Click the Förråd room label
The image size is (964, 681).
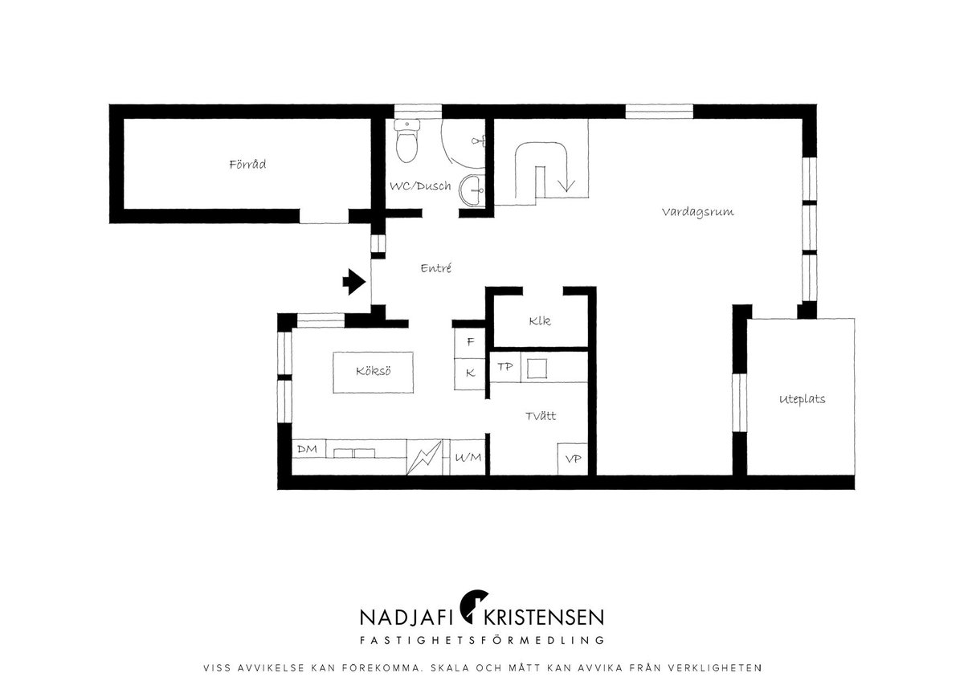[x=247, y=165]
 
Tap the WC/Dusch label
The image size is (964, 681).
[x=420, y=186]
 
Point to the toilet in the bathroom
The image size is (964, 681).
[x=406, y=141]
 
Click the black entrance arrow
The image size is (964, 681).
[x=354, y=282]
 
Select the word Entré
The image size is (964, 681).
[x=436, y=268]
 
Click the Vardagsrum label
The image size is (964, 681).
[x=697, y=212]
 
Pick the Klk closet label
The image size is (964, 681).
[x=540, y=321]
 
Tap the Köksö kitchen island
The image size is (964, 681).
[x=373, y=372]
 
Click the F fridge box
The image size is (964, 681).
[x=470, y=342]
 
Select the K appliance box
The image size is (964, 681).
[x=470, y=374]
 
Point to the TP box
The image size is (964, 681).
[x=505, y=367]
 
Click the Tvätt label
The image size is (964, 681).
[x=541, y=416]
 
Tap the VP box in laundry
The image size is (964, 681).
[x=573, y=459]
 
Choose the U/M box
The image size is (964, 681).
[x=468, y=457]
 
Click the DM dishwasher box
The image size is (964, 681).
[x=308, y=449]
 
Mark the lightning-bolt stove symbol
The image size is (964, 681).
[x=424, y=457]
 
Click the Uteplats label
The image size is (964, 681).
[x=803, y=399]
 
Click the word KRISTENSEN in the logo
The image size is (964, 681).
[x=544, y=618]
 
